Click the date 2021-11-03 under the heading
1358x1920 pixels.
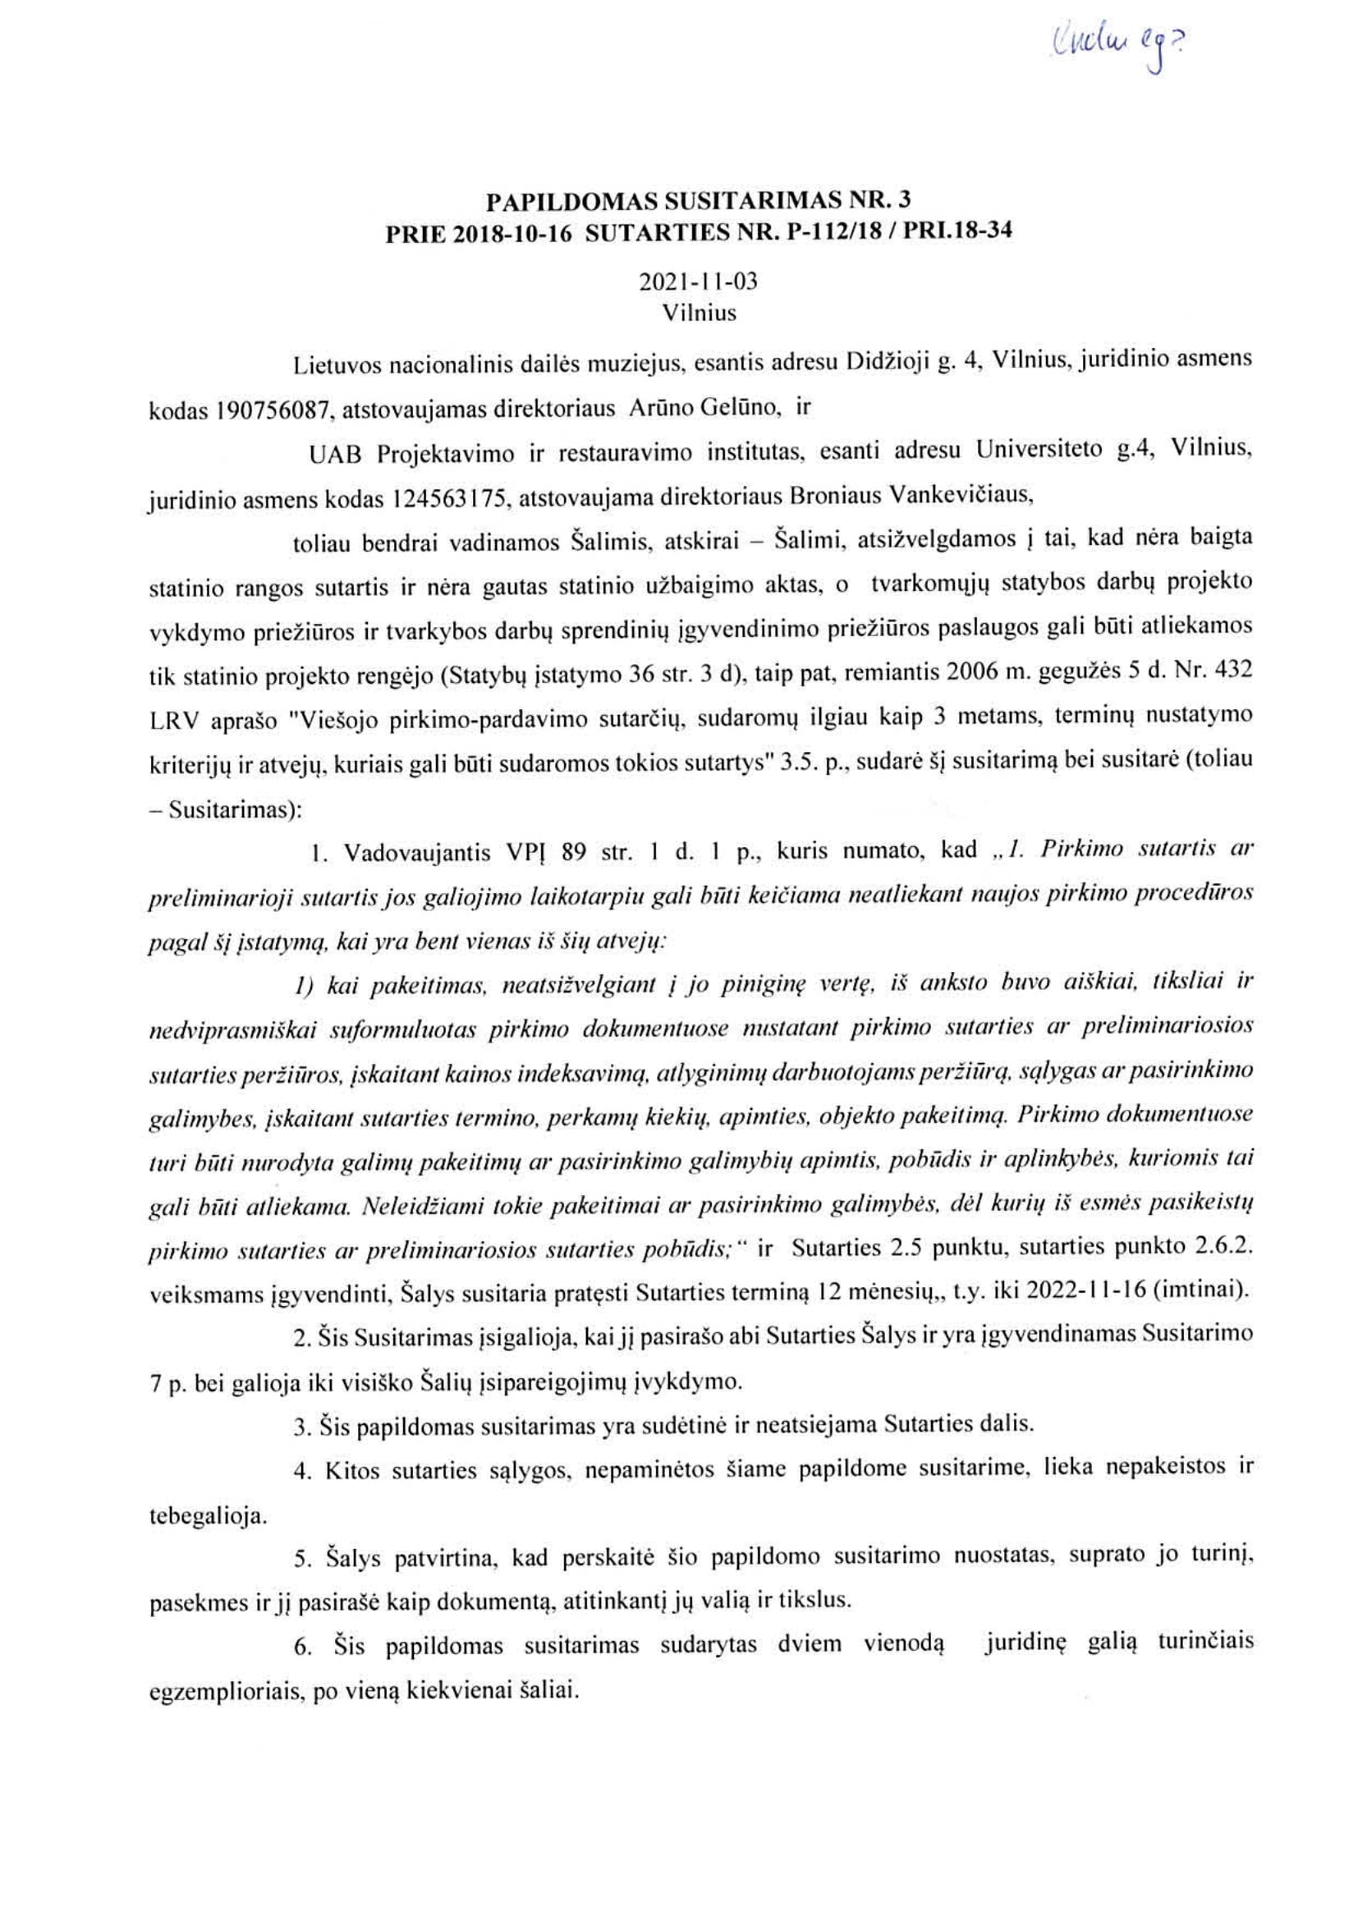tap(698, 281)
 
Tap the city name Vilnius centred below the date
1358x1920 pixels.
tap(699, 313)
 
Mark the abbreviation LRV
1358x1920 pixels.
tap(172, 721)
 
